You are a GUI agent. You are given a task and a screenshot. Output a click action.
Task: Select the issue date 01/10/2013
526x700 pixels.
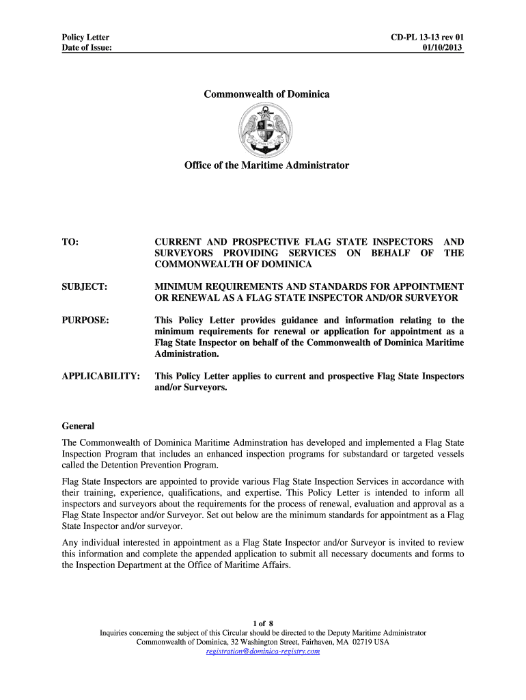pos(443,47)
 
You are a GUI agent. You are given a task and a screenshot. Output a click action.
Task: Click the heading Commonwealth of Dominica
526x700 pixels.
pos(266,94)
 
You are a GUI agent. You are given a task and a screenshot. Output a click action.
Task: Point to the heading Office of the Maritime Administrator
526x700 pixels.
pos(266,165)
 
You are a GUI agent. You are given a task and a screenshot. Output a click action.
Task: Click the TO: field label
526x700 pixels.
pos(70,242)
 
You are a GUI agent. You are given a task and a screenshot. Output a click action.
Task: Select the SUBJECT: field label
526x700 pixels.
pos(84,286)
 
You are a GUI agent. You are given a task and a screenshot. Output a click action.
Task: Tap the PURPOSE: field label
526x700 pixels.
pos(85,320)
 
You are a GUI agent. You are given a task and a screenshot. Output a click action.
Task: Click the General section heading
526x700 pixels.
pos(78,425)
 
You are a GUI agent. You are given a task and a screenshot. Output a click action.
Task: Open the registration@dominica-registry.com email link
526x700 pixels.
pos(263,651)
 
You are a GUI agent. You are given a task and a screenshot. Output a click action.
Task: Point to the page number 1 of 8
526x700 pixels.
pos(263,623)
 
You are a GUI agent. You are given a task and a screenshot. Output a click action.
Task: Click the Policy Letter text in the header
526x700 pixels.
pos(85,37)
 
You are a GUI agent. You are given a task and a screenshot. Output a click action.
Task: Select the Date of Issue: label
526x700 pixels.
pos(87,47)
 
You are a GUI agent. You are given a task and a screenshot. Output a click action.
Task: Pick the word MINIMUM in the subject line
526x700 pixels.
pos(180,286)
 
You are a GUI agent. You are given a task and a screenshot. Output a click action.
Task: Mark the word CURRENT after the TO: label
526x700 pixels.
pos(179,242)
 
